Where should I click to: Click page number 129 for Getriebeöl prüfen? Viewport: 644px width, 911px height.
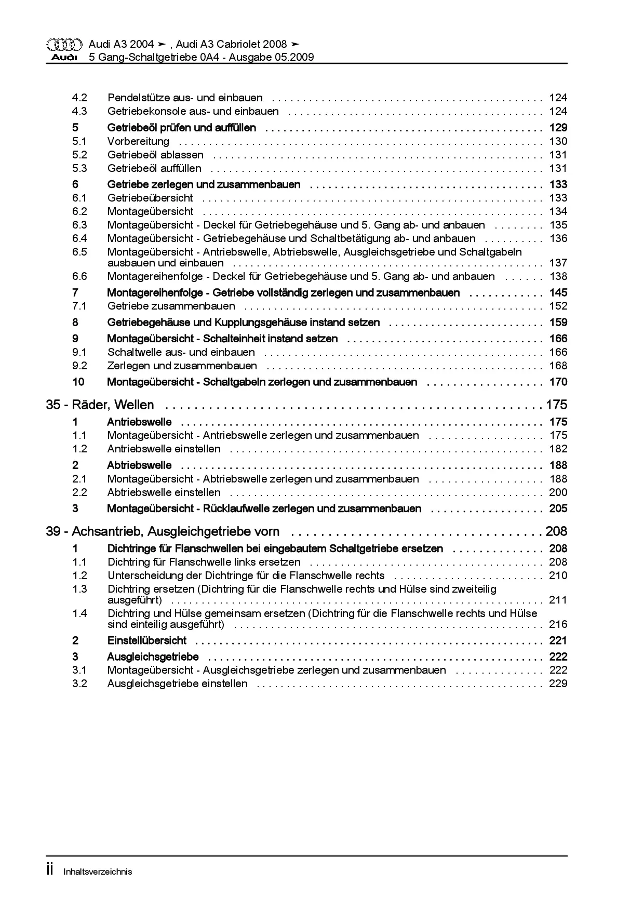[x=558, y=128]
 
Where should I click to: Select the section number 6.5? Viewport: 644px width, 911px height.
[x=79, y=252]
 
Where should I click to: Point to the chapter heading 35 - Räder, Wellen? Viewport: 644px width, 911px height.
[x=100, y=405]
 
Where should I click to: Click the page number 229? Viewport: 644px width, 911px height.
[x=558, y=684]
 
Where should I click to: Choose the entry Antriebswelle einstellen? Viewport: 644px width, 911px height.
[x=164, y=449]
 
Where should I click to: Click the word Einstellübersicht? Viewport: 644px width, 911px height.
[x=146, y=641]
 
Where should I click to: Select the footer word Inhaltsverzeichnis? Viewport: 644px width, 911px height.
[x=98, y=872]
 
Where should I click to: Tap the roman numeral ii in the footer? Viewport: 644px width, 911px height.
[x=50, y=870]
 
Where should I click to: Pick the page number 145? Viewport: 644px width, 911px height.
[x=558, y=293]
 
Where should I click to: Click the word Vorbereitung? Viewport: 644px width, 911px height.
[x=138, y=141]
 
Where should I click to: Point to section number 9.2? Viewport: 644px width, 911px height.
[x=79, y=366]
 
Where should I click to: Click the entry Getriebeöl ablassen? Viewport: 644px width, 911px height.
[x=155, y=155]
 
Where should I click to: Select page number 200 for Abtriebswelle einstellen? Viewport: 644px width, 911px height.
[x=558, y=493]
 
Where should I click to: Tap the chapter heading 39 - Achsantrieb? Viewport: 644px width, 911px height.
[x=163, y=532]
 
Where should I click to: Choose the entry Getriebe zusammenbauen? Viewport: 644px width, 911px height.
[x=171, y=306]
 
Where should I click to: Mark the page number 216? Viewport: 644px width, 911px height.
[x=558, y=624]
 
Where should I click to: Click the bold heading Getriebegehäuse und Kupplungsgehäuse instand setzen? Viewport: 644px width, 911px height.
[x=243, y=323]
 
